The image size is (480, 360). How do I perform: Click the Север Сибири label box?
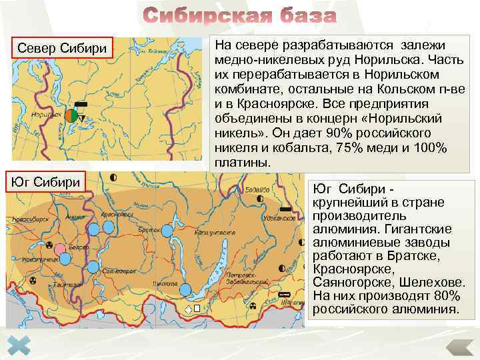(63, 48)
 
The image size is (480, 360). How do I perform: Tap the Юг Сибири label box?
(47, 181)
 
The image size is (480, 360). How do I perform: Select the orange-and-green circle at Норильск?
(71, 115)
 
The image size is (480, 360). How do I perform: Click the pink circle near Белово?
(61, 249)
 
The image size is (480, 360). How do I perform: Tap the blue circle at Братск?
(166, 230)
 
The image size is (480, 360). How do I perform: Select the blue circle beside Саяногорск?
(93, 267)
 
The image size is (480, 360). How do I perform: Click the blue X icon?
(21, 345)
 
